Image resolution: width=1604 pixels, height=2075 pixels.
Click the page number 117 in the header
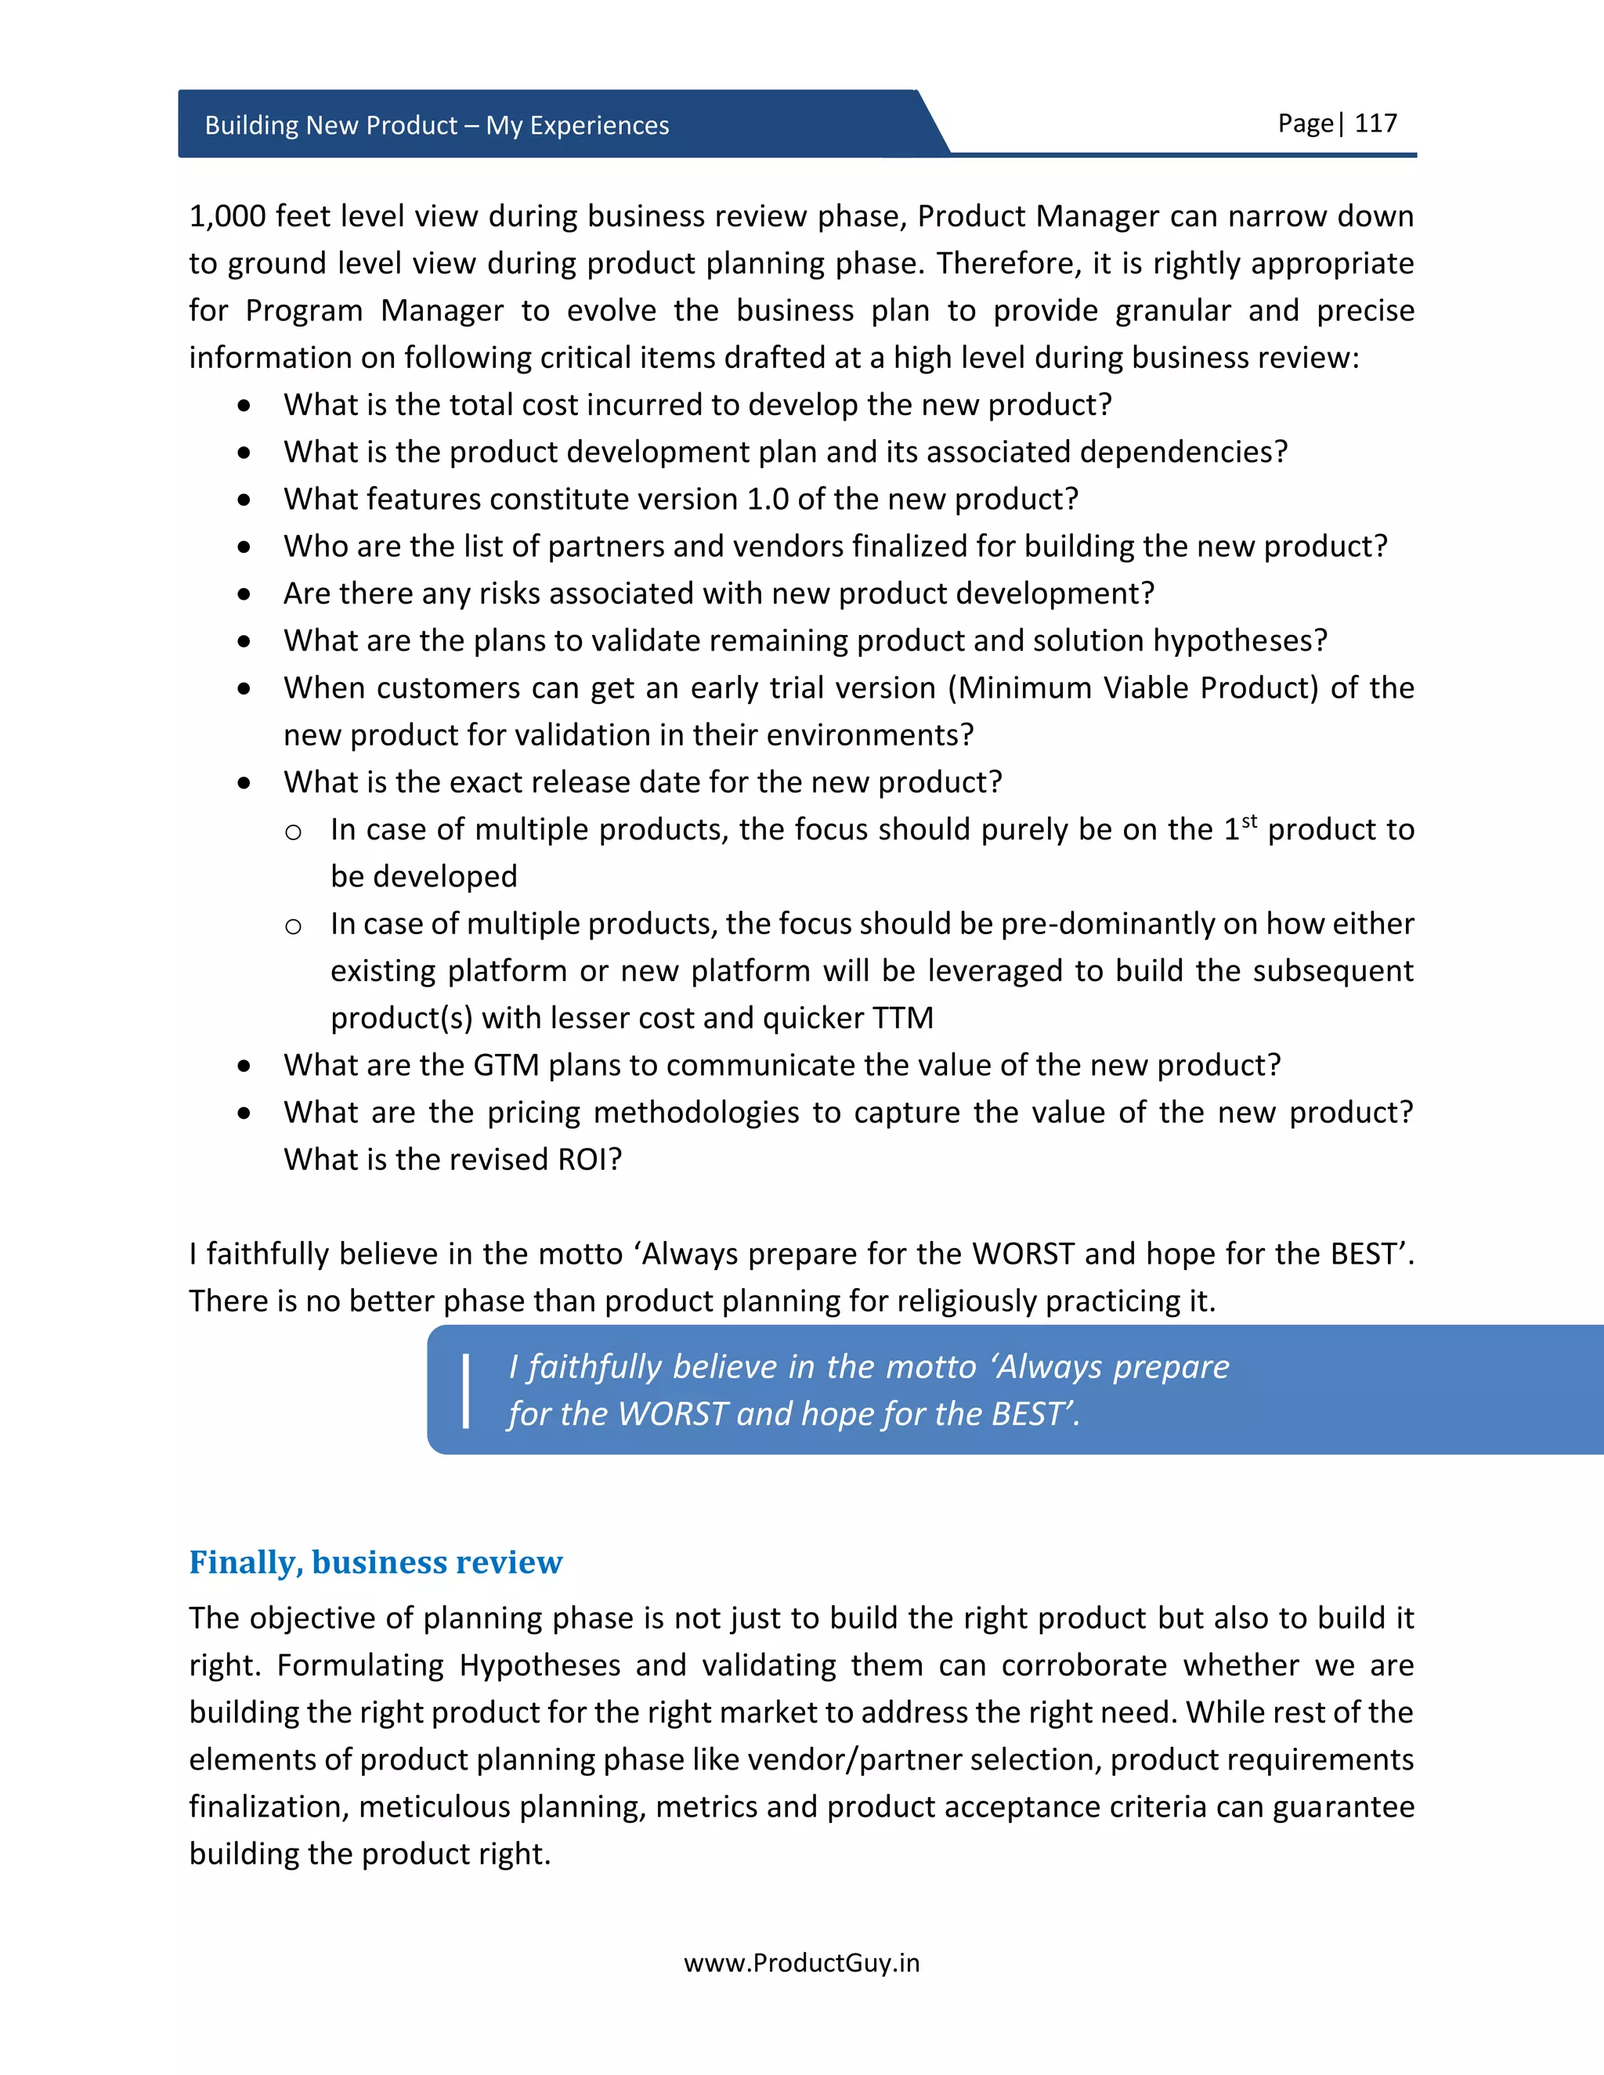[1375, 124]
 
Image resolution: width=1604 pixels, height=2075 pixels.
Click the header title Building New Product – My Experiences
[436, 125]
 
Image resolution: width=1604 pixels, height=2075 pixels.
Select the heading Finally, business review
[375, 1562]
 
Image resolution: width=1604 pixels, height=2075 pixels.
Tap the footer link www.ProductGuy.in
[801, 1963]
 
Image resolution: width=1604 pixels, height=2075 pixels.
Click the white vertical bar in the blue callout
[466, 1391]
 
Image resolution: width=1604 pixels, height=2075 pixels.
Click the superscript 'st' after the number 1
[1248, 821]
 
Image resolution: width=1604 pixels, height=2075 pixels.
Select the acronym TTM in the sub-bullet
[903, 1018]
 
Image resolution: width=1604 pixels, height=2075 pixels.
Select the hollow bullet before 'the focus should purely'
[294, 833]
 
